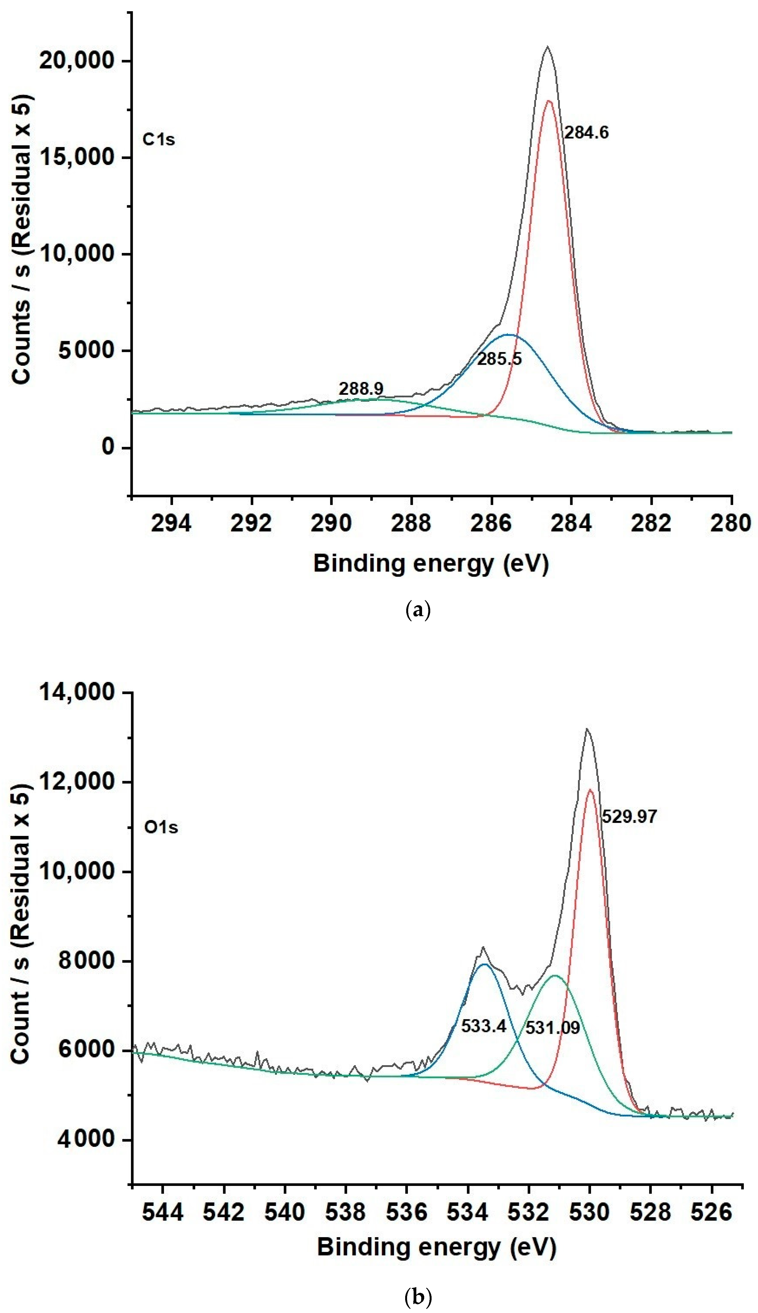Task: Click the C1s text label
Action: (159, 140)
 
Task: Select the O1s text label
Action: (161, 827)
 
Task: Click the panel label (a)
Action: (418, 609)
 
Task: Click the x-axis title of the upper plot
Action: (431, 564)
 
